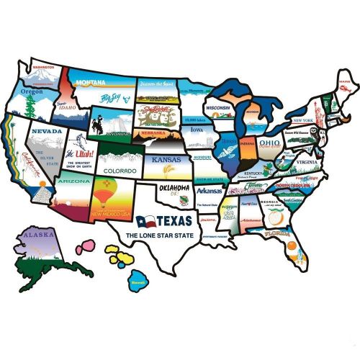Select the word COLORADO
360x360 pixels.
coord(120,171)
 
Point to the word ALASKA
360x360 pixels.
coord(35,235)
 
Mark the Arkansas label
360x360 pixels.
coord(210,192)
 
